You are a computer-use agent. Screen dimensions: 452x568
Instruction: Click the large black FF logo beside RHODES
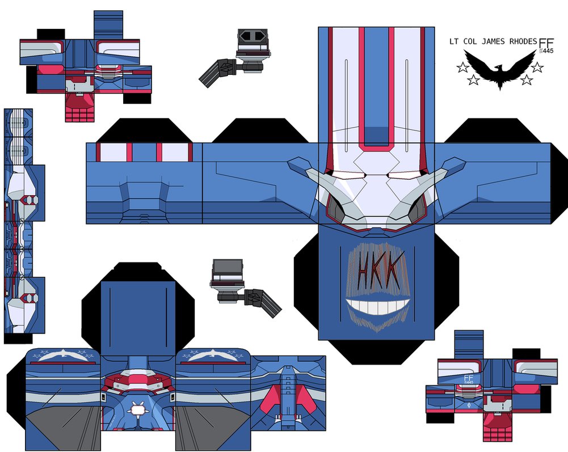(x=546, y=44)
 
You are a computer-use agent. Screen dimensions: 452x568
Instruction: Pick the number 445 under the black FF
(x=547, y=52)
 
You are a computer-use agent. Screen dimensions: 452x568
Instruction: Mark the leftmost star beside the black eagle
(x=462, y=68)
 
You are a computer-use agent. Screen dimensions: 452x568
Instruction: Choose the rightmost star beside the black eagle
(x=537, y=67)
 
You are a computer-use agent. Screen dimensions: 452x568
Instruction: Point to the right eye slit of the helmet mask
(x=402, y=175)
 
